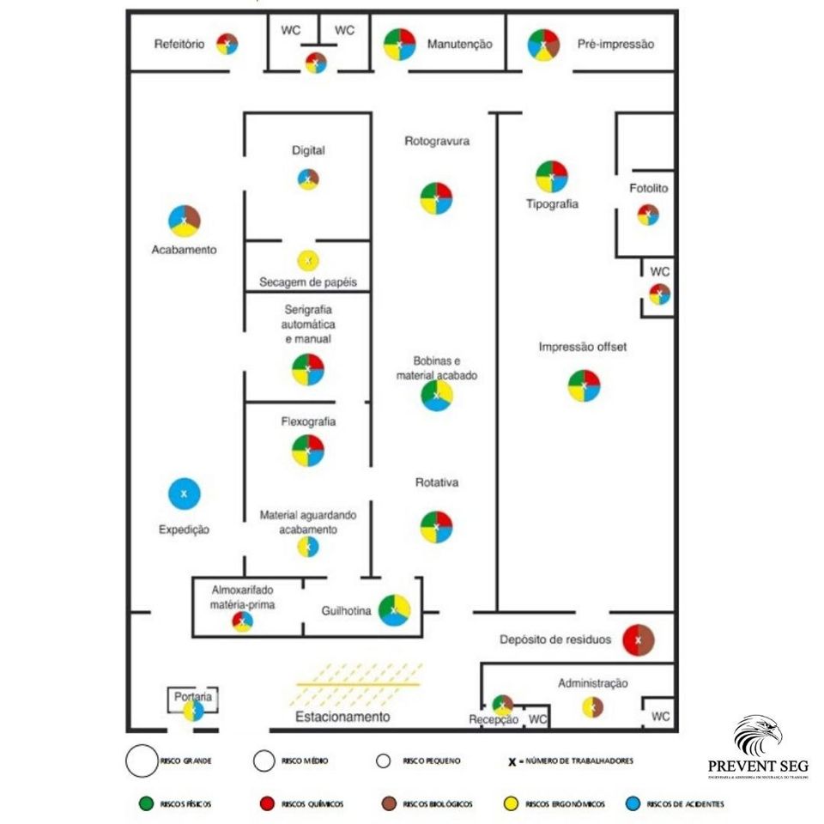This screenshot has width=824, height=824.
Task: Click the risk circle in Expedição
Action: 184,493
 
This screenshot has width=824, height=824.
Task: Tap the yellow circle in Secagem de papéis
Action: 307,259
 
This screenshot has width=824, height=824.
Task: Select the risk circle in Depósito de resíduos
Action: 639,639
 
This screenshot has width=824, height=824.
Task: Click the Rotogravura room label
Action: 437,141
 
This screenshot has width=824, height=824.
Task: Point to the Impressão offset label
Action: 583,347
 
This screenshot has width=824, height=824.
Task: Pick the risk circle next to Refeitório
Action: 227,44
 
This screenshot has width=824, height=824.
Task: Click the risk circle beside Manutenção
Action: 400,45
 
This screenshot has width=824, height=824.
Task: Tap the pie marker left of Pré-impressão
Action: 543,45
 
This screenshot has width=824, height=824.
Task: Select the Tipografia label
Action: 552,204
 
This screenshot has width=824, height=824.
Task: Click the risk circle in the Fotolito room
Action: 648,215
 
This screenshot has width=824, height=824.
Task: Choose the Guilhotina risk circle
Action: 394,610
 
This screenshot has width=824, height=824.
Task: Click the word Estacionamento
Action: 342,717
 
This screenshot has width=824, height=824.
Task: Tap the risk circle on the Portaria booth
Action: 194,712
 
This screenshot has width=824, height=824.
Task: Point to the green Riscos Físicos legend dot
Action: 145,804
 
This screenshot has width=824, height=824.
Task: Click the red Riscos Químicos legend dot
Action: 265,804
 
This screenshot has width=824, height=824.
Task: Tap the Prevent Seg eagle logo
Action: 757,736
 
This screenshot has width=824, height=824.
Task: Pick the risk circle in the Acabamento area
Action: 184,221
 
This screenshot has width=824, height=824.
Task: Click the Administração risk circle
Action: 591,706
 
